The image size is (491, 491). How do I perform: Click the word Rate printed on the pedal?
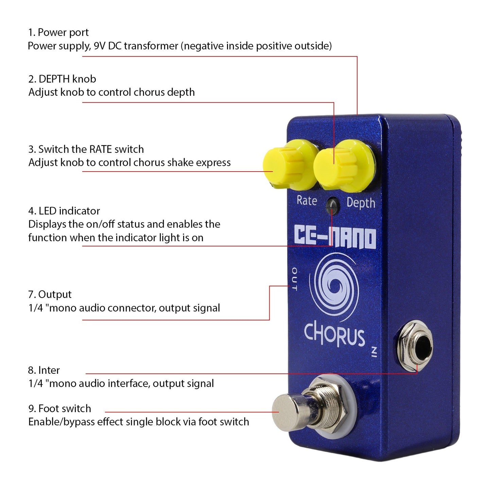coord(306,200)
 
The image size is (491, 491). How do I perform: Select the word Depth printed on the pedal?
coord(361,203)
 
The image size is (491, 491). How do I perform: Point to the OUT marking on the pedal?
coord(294,279)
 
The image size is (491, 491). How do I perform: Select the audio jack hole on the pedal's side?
coord(416,347)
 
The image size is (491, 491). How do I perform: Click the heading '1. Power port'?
coord(58,32)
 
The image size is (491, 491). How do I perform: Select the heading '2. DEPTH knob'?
coord(62,79)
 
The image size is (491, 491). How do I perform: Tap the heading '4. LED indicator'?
coord(64,211)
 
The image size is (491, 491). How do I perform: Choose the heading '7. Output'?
coord(50,294)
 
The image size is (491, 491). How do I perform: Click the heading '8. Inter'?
coord(44,370)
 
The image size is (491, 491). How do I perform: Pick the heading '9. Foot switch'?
coord(59,408)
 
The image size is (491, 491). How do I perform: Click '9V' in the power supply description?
coord(100,46)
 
